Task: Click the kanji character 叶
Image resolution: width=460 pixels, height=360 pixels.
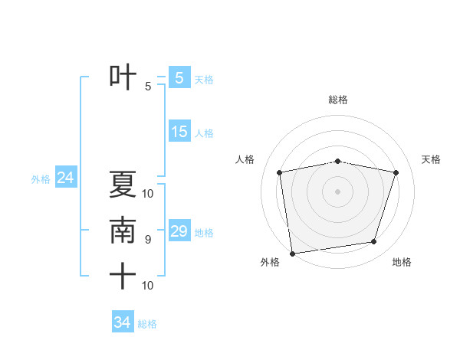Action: pyautogui.click(x=123, y=77)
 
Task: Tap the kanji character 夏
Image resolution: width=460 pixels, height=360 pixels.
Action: pyautogui.click(x=123, y=185)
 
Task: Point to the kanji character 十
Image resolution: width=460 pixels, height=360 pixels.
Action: pyautogui.click(x=123, y=276)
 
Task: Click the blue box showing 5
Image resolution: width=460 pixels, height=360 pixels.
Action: pyautogui.click(x=179, y=78)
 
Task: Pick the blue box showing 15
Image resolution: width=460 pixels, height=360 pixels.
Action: pyautogui.click(x=179, y=132)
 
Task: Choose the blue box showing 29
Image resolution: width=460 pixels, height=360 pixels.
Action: pyautogui.click(x=179, y=231)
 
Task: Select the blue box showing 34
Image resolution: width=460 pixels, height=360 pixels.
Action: pyautogui.click(x=122, y=322)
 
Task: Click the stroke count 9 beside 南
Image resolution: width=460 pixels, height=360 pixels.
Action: pyautogui.click(x=148, y=240)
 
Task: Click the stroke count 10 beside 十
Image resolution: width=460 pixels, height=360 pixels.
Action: pyautogui.click(x=148, y=286)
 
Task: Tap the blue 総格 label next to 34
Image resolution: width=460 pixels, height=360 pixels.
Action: pyautogui.click(x=147, y=324)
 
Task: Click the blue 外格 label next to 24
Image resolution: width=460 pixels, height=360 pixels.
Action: pyautogui.click(x=41, y=179)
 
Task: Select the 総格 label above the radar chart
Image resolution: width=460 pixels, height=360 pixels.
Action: pyautogui.click(x=338, y=100)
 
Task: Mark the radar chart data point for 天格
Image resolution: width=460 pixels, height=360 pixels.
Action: pyautogui.click(x=396, y=172)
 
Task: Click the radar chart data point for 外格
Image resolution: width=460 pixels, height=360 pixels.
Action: pyautogui.click(x=292, y=253)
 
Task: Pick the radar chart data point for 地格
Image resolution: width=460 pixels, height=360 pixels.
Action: pyautogui.click(x=374, y=242)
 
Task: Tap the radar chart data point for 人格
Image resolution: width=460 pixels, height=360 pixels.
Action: pyautogui.click(x=280, y=172)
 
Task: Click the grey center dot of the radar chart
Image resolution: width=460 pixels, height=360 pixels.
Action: pyautogui.click(x=338, y=191)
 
